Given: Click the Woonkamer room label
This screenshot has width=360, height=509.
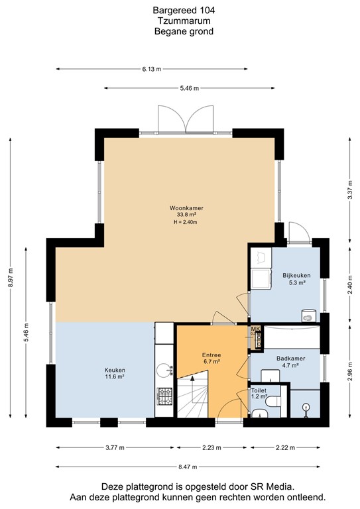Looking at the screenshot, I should click(x=186, y=207).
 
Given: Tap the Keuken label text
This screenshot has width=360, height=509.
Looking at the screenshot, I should click(x=115, y=370).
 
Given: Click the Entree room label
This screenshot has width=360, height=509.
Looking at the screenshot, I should click(x=211, y=355).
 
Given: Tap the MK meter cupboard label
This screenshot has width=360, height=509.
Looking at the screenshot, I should click(x=255, y=329).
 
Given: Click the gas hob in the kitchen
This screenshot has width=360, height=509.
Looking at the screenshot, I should click(x=164, y=396).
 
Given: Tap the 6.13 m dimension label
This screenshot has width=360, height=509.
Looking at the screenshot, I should click(x=152, y=68).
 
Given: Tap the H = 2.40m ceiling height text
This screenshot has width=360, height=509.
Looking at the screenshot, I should click(x=186, y=222).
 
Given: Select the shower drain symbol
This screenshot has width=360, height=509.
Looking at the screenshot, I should click(x=306, y=408).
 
